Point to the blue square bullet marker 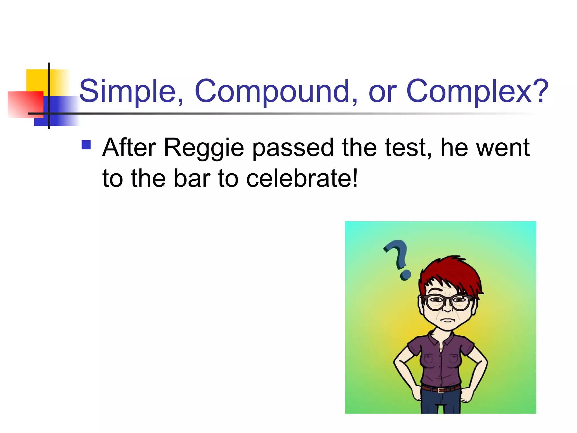click(x=86, y=145)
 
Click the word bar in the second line click(x=192, y=179)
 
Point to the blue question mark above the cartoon click(x=398, y=258)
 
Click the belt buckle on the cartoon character click(x=440, y=390)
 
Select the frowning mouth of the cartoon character click(x=447, y=320)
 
